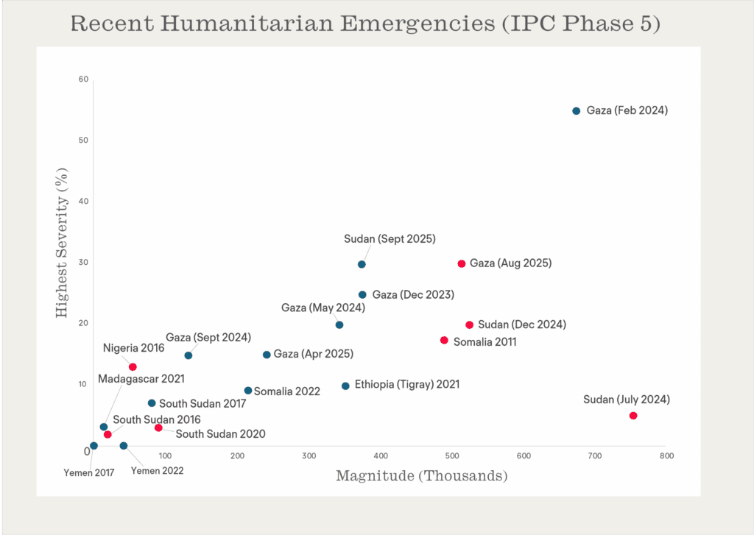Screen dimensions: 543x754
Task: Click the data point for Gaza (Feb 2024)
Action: (x=577, y=111)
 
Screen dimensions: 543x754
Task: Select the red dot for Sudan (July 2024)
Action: (x=633, y=416)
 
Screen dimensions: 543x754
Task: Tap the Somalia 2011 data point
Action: (x=444, y=340)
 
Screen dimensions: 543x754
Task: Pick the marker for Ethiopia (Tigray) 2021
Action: (x=345, y=386)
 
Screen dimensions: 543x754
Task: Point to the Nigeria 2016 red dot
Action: (x=133, y=367)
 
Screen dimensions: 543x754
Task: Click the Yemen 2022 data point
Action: (x=124, y=446)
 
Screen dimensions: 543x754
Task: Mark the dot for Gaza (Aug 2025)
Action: (x=462, y=263)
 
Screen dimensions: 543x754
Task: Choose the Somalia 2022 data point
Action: (x=248, y=391)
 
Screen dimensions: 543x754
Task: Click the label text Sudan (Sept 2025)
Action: (x=390, y=239)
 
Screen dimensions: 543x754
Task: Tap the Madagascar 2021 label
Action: (x=141, y=380)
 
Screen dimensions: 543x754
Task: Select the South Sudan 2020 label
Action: (x=220, y=434)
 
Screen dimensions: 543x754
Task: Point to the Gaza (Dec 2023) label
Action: (x=413, y=294)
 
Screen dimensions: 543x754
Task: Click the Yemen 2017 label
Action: (x=88, y=472)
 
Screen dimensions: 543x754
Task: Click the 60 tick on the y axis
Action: (x=84, y=79)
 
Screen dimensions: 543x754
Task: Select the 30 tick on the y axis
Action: (x=84, y=262)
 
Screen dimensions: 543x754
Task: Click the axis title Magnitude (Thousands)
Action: (x=422, y=476)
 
